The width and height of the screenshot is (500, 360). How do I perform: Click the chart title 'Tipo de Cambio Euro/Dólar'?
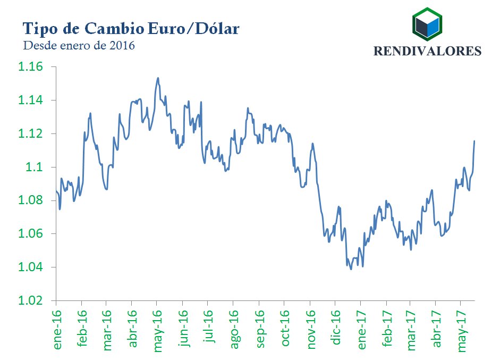[130, 28]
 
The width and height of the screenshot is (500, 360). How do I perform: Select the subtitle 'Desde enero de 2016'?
[79, 46]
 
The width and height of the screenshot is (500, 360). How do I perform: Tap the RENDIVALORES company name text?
[428, 51]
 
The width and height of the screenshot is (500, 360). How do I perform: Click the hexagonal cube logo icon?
[427, 24]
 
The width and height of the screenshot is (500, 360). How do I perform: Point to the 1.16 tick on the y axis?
[30, 67]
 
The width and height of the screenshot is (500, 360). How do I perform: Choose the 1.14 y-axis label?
[30, 101]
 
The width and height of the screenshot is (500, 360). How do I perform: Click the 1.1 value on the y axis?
[35, 167]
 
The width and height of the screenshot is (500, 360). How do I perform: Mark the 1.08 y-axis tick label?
[30, 200]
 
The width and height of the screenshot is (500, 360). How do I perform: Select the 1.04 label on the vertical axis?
[30, 267]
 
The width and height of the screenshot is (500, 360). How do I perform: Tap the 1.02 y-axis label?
[30, 300]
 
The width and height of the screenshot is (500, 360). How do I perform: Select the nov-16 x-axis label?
[311, 330]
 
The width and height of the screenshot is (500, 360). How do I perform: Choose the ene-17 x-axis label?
[362, 330]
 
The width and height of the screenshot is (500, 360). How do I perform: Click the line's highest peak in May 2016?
[158, 78]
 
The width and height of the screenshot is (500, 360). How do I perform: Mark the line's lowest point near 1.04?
[351, 269]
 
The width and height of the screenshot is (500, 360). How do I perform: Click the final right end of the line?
[474, 141]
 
